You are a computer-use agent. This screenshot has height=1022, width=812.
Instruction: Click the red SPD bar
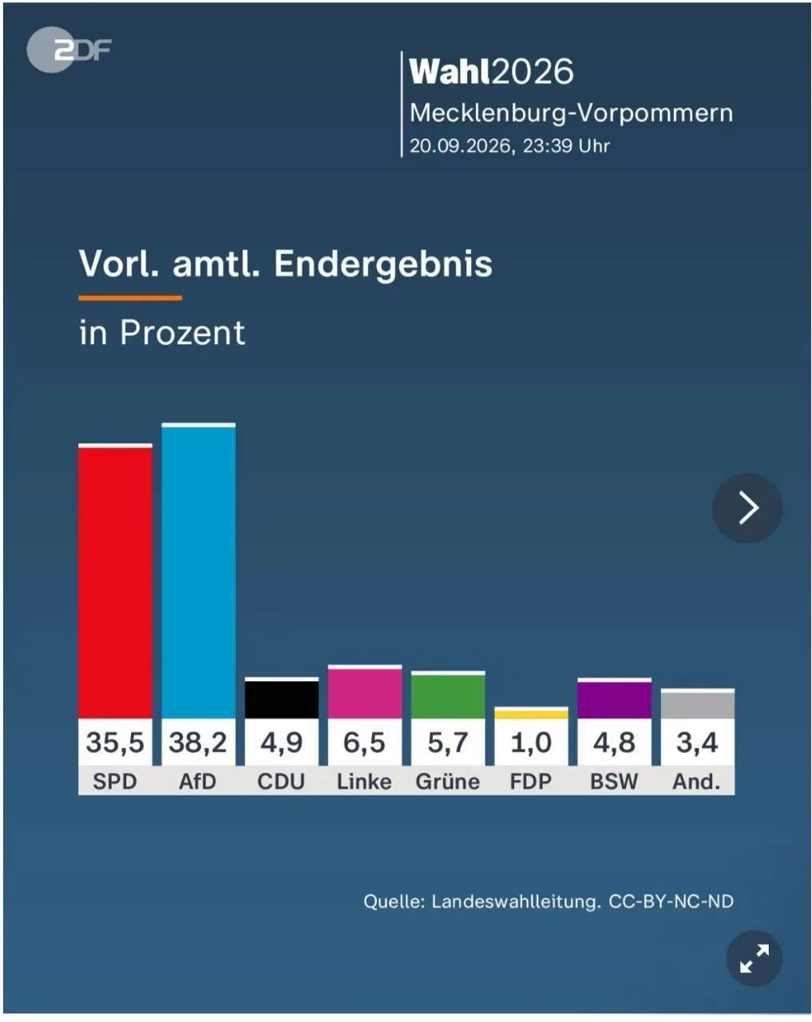point(115,581)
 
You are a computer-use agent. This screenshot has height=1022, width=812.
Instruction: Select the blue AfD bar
point(198,571)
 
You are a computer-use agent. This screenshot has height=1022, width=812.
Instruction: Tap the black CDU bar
point(282,698)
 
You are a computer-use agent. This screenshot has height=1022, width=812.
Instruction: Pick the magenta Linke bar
point(365,692)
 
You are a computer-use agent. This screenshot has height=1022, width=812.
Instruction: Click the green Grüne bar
point(448,695)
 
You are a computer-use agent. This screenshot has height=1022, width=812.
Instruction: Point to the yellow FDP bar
point(531,713)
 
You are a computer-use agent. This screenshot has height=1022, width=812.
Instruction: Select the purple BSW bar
point(614,699)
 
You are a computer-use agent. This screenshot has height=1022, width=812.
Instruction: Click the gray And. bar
point(698,703)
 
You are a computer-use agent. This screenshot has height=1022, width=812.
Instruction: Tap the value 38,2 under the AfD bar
point(198,743)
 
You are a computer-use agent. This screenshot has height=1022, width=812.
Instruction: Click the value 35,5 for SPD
point(115,743)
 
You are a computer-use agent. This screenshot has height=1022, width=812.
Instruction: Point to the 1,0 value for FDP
point(531,743)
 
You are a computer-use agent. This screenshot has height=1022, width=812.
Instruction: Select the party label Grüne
point(448,782)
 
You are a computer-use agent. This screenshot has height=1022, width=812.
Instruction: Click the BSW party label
point(614,782)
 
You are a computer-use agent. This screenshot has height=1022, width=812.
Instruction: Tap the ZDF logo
point(69,50)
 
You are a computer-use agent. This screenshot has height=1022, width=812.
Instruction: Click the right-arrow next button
point(747,508)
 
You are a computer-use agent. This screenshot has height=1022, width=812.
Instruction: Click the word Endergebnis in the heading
point(383,264)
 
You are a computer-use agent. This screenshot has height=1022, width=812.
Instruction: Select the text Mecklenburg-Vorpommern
point(571,113)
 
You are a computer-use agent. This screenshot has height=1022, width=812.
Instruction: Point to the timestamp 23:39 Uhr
point(566,146)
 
